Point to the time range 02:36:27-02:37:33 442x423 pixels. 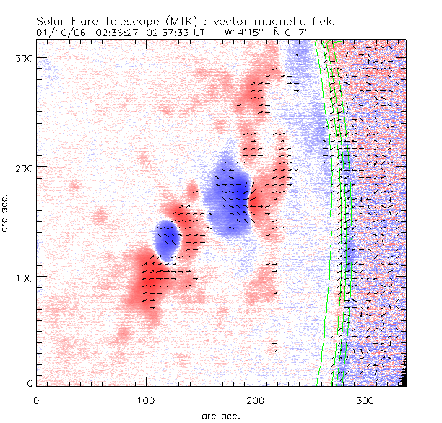(144, 33)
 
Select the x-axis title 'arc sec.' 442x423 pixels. (221, 415)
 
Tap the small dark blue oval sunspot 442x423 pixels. (168, 239)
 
